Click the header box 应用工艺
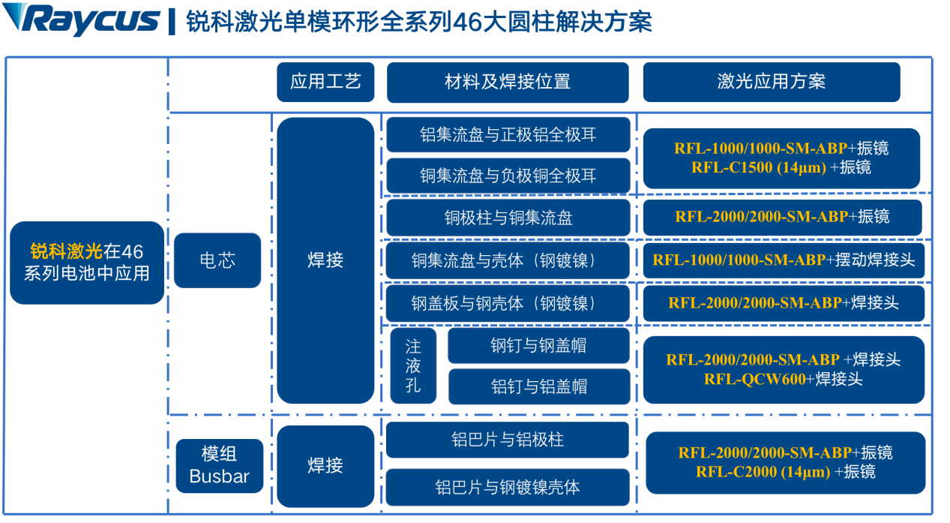(325, 82)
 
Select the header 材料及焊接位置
(508, 82)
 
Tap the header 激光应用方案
(771, 82)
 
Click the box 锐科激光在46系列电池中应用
(87, 262)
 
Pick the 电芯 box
(217, 260)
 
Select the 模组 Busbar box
(219, 465)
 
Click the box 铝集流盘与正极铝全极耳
(508, 135)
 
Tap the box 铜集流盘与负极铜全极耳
(508, 176)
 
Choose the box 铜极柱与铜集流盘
(508, 218)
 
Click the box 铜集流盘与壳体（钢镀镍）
(508, 260)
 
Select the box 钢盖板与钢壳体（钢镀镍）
(508, 303)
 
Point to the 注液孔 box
(413, 366)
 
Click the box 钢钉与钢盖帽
(538, 346)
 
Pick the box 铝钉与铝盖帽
(538, 386)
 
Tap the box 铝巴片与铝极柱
(507, 440)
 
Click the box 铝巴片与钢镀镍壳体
(507, 487)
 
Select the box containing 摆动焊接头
(784, 260)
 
